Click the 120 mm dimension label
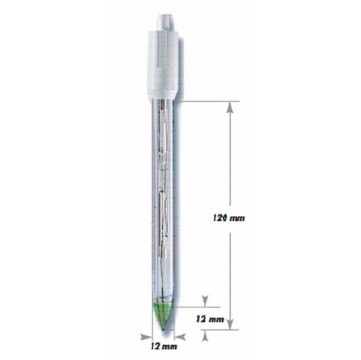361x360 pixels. [x=229, y=218]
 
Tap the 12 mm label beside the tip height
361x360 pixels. [x=210, y=319]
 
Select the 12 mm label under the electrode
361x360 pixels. [x=164, y=346]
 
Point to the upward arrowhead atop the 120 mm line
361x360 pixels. [x=230, y=108]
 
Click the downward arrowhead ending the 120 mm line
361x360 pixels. [x=230, y=324]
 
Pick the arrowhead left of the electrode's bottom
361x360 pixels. [x=146, y=337]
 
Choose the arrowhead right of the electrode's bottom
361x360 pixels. [x=180, y=337]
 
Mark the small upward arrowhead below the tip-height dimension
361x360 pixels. [x=205, y=336]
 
